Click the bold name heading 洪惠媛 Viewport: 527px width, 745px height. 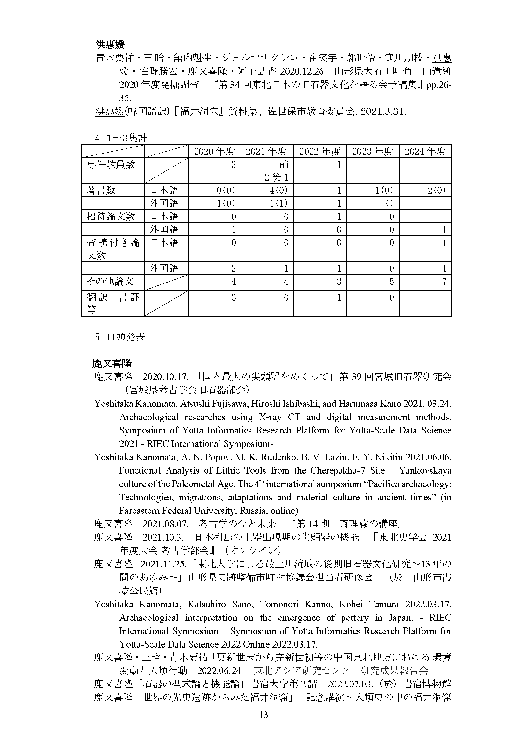click(110, 45)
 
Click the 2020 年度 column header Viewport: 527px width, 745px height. click(214, 152)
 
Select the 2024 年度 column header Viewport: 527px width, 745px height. click(425, 152)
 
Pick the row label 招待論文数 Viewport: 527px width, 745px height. click(111, 216)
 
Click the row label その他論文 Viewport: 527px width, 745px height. click(110, 281)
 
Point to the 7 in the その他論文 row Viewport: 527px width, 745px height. click(444, 281)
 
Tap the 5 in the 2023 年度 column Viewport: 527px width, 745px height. click(392, 281)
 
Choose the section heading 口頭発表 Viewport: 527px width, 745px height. click(126, 337)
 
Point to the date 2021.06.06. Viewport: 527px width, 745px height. click(428, 457)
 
